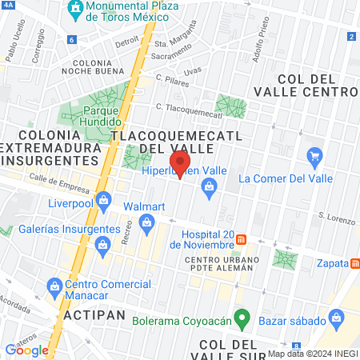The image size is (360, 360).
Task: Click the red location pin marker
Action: [179, 162]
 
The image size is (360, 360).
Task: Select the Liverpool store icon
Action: [102, 200]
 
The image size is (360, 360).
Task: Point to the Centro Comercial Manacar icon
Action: [54, 286]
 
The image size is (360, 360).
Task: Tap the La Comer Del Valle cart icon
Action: [314, 156]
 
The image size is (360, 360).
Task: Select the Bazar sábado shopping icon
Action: [338, 320]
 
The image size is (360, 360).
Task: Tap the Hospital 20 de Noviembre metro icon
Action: [253, 239]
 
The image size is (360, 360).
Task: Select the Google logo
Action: [26, 350]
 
